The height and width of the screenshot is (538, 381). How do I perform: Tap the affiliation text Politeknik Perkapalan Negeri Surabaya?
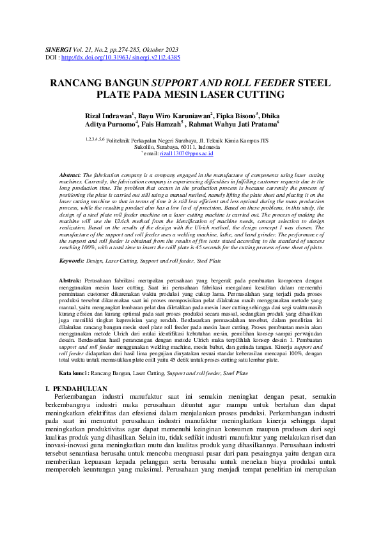(x=150, y=140)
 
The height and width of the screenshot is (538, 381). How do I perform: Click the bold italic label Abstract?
(x=70, y=174)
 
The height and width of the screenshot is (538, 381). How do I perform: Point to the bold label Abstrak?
(x=70, y=281)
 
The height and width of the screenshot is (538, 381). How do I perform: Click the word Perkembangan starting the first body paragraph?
(x=81, y=397)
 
